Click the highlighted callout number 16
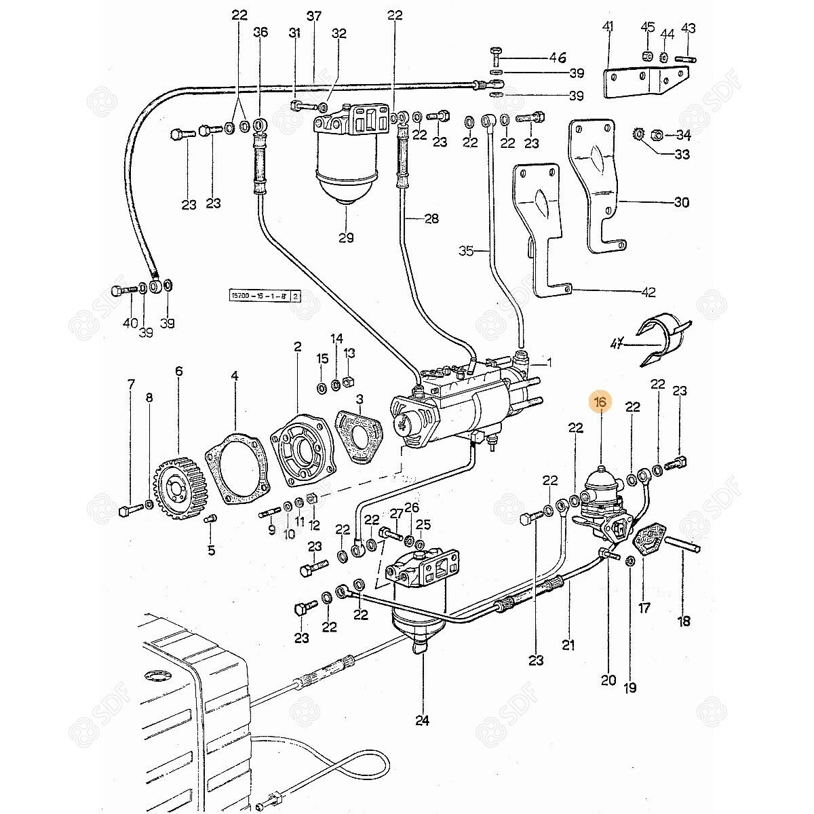(x=601, y=403)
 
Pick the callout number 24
(x=423, y=720)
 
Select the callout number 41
(x=608, y=27)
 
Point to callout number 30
(x=681, y=202)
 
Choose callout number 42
(x=648, y=292)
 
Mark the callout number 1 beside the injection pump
(x=549, y=363)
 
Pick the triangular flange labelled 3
(x=360, y=438)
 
